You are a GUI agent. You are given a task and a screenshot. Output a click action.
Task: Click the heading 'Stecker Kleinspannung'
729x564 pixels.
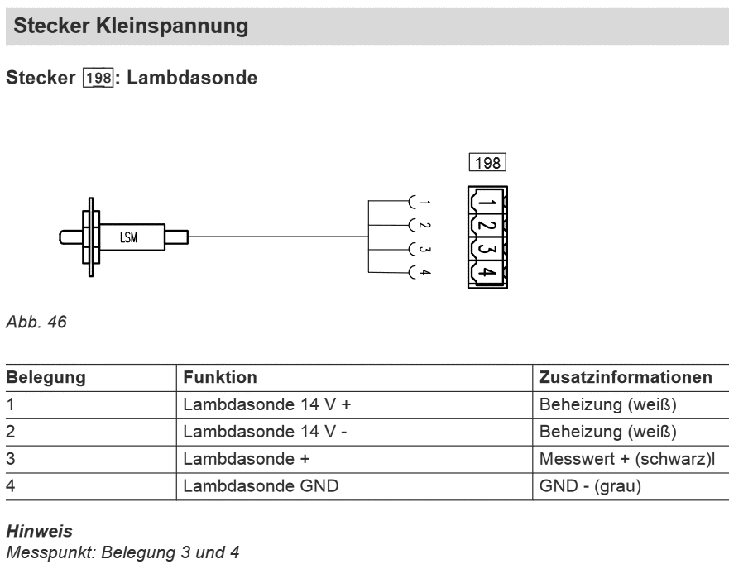[x=131, y=26]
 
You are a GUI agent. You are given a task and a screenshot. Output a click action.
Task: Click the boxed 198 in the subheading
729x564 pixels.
[x=98, y=78]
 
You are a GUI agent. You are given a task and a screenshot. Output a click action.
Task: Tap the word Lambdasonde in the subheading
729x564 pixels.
[x=192, y=78]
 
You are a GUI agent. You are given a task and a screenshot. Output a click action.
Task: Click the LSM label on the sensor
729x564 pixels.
[x=129, y=237]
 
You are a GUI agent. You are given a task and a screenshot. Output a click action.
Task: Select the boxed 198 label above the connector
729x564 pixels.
[x=487, y=163]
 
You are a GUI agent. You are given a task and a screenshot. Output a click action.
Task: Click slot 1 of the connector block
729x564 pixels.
[x=487, y=202]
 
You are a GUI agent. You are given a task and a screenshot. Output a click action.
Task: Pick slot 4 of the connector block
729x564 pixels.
[x=487, y=272]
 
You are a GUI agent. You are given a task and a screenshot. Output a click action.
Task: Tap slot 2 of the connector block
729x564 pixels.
[x=487, y=225]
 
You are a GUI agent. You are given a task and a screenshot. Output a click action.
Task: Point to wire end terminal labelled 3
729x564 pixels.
[x=412, y=249]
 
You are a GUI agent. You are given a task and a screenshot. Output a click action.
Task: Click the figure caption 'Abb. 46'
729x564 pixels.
[x=36, y=322]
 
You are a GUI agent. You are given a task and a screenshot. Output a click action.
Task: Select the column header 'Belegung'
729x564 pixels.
[x=46, y=377]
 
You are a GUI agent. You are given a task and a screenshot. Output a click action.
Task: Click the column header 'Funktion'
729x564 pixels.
[x=220, y=377]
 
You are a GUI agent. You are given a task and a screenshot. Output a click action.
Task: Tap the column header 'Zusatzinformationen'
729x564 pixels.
[x=626, y=377]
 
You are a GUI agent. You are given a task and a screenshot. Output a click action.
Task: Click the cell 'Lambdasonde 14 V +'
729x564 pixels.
[x=267, y=404]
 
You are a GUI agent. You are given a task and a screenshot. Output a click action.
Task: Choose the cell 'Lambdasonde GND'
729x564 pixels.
[x=261, y=486]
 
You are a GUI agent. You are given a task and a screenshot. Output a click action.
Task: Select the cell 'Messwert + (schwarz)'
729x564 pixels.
[x=626, y=459]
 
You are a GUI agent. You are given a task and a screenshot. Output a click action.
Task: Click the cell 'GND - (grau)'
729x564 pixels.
[x=590, y=486]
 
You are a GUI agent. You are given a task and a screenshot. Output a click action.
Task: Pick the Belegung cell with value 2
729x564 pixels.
[x=10, y=432]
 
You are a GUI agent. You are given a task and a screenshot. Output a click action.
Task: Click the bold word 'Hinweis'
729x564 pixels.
[x=40, y=531]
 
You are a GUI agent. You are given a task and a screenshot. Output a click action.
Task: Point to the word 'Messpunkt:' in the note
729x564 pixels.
[x=51, y=552]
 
